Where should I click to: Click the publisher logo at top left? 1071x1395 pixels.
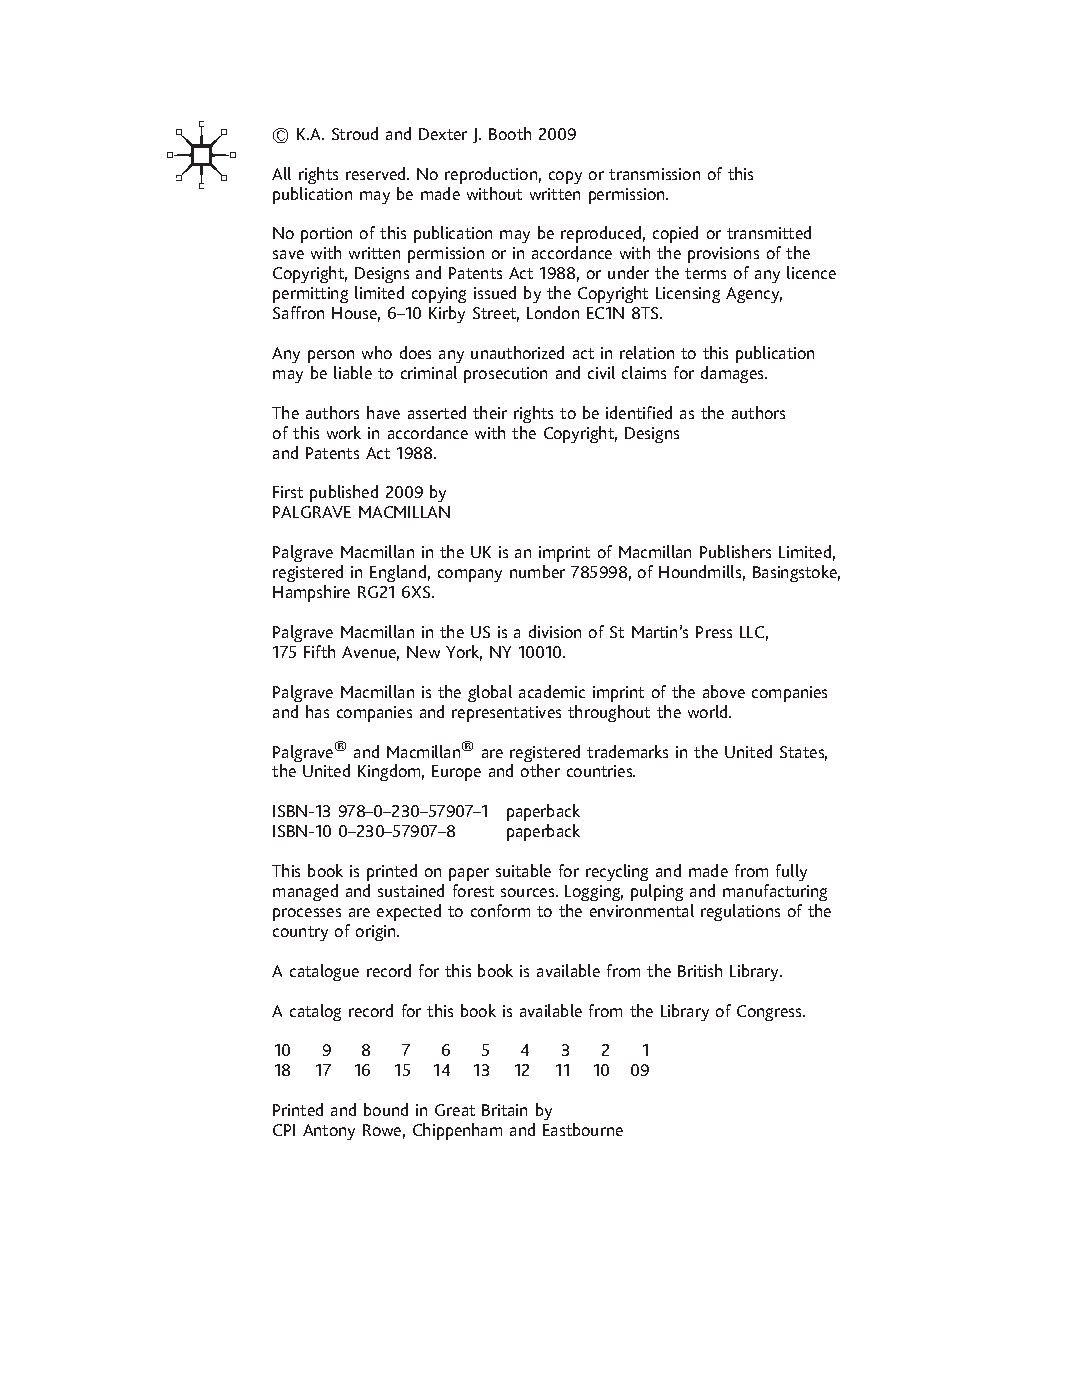tap(200, 155)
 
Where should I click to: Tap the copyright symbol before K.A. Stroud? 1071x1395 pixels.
tap(280, 135)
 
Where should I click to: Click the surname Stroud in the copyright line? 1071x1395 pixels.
tap(355, 134)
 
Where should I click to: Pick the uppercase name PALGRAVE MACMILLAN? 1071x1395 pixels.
tap(361, 512)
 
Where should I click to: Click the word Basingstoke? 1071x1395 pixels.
tap(795, 572)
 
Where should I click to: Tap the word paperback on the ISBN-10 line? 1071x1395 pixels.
tap(542, 831)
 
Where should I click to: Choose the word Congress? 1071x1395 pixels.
tap(770, 1011)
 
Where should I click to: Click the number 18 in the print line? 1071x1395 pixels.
tap(282, 1070)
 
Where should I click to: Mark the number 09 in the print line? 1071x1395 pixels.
tap(640, 1070)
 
